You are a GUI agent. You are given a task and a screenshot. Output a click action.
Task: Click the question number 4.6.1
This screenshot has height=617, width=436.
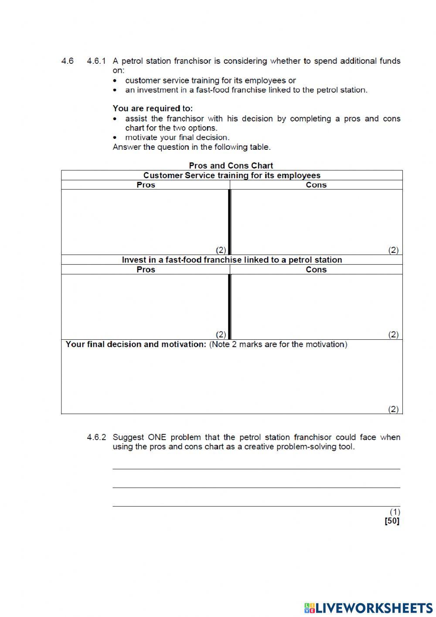coord(96,61)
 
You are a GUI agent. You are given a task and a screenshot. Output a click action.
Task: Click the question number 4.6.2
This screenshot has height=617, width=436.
coord(96,437)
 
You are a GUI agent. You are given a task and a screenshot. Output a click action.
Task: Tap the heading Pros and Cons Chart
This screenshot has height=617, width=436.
coord(231,165)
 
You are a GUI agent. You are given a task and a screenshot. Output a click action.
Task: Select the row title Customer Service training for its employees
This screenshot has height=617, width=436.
coord(232,176)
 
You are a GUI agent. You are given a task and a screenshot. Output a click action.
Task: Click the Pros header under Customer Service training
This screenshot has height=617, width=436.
coord(146,185)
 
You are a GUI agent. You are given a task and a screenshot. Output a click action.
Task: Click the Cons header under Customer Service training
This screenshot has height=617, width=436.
coord(316,185)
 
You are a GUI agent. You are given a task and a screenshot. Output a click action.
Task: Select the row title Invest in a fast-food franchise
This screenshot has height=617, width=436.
coord(232,260)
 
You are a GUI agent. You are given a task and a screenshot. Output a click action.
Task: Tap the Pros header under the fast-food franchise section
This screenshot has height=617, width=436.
coord(146,269)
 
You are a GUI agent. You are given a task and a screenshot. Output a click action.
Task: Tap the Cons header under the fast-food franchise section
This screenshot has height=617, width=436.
coord(316,269)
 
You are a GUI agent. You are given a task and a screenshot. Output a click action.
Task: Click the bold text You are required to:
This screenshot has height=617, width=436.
coord(153,108)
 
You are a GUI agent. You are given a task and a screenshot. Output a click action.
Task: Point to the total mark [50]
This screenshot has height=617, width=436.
coord(392,520)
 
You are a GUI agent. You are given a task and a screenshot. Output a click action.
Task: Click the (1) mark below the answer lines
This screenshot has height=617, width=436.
coord(395,512)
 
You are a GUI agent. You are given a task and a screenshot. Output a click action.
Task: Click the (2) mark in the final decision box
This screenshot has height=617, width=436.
coord(393,409)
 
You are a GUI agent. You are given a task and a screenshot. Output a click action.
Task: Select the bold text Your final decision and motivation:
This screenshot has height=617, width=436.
coord(136,345)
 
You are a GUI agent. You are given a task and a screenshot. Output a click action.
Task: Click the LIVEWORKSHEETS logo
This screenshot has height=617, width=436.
coord(368,607)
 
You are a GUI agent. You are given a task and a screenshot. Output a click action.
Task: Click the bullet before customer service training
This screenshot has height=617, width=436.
coord(115,81)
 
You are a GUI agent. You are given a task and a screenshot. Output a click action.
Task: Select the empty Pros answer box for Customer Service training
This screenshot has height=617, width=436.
coord(145,221)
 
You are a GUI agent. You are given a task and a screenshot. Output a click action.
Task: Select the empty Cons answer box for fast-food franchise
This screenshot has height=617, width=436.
coord(316,306)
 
